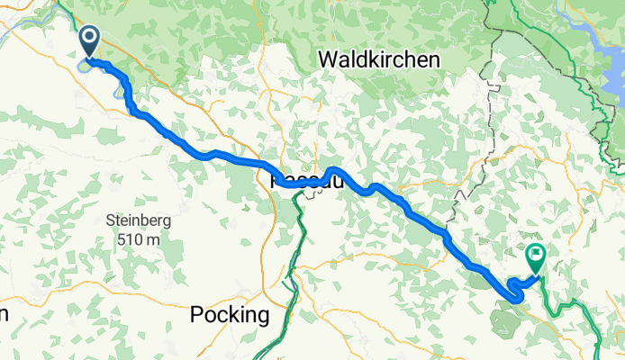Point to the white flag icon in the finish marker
tap(537, 254)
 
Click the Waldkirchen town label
tap(379, 59)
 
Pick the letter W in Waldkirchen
tap(328, 59)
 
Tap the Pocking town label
tap(230, 315)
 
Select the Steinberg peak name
tap(138, 220)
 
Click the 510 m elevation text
tap(138, 239)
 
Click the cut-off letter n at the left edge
tap(4, 315)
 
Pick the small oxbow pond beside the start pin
tap(85, 64)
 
